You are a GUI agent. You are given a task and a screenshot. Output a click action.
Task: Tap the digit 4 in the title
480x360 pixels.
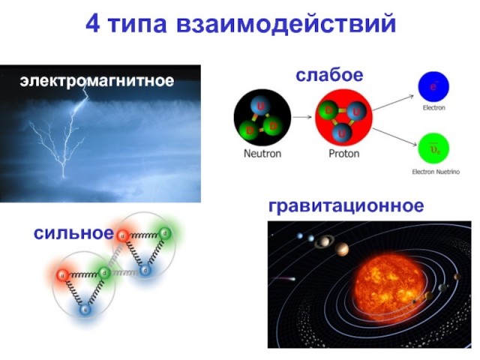(94, 24)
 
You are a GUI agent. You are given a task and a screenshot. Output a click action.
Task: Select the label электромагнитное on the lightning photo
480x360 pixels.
(97, 80)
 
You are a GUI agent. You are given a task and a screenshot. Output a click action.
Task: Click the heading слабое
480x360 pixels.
(329, 75)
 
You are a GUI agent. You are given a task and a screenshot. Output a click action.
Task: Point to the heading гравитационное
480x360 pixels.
(346, 205)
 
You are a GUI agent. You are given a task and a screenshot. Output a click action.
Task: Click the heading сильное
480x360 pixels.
(73, 232)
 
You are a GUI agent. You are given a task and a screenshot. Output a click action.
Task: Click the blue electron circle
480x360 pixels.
(433, 87)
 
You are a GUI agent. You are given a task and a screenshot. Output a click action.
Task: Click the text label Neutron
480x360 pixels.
(262, 154)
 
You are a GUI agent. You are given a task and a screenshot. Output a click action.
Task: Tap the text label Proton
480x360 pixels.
(344, 154)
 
